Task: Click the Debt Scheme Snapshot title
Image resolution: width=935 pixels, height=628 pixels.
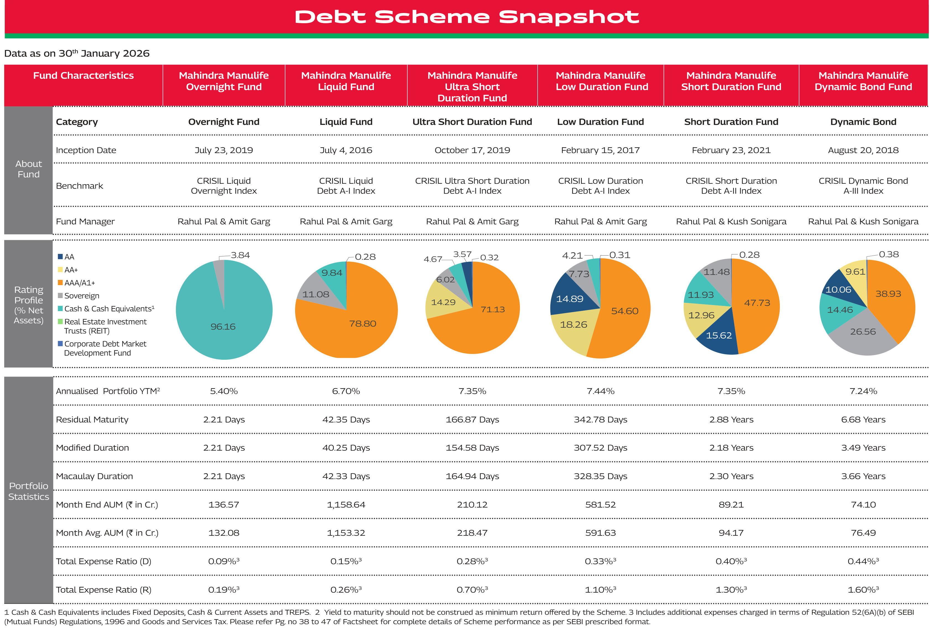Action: click(467, 17)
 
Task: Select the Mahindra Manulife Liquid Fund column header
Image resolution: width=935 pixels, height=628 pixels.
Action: click(346, 81)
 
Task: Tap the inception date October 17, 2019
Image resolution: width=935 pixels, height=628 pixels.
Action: click(472, 150)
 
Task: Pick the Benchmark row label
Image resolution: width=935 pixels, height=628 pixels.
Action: click(79, 186)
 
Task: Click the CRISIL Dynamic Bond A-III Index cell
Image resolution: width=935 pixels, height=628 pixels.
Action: click(863, 186)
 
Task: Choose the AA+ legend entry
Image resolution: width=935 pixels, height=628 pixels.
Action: click(71, 270)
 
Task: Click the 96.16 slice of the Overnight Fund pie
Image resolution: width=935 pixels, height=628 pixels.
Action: click(223, 326)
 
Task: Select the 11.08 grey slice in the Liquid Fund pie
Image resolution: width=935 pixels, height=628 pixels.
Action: click(316, 294)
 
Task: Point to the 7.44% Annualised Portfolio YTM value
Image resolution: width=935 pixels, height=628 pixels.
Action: click(600, 391)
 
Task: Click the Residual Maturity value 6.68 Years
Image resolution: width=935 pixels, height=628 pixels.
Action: click(863, 420)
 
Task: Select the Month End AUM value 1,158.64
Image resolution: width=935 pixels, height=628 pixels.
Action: click(346, 505)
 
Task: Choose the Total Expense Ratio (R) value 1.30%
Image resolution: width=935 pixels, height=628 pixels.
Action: click(731, 590)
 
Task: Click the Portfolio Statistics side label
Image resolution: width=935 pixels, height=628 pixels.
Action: click(28, 491)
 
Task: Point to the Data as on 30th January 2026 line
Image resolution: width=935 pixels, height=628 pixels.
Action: click(77, 53)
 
